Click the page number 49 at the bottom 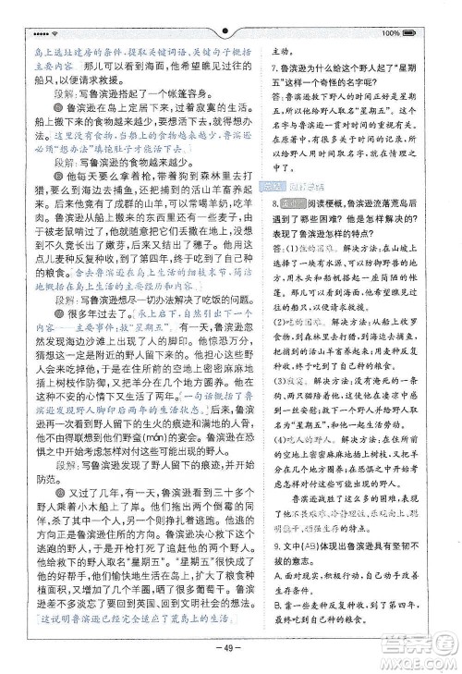[231, 646]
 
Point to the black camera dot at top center [231, 17]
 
